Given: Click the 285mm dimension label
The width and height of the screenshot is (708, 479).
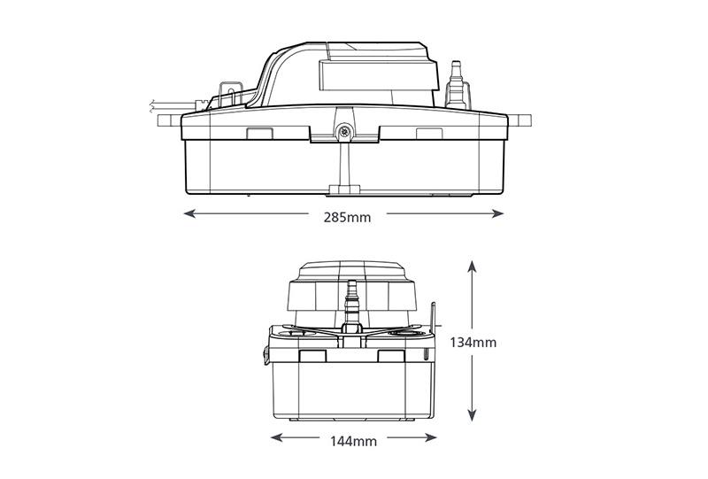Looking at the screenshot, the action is tap(347, 217).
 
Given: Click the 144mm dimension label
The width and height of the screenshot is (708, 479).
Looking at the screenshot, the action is tap(353, 441).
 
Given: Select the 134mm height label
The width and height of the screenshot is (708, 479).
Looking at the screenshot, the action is tap(473, 343).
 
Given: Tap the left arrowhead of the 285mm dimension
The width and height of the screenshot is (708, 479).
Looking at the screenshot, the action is tap(189, 213).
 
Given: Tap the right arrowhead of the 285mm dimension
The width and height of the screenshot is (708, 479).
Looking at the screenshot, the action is tap(498, 213).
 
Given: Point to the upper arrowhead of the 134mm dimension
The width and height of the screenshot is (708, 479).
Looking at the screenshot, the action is tap(472, 267).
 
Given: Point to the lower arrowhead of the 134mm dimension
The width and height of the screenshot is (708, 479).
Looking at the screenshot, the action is tap(472, 415).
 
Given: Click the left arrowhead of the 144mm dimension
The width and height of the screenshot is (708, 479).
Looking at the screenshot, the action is tap(276, 437).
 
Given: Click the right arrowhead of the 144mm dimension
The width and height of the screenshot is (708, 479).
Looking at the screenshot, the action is tap(431, 437).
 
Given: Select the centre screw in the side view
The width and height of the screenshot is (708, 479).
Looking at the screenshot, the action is tap(344, 132).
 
